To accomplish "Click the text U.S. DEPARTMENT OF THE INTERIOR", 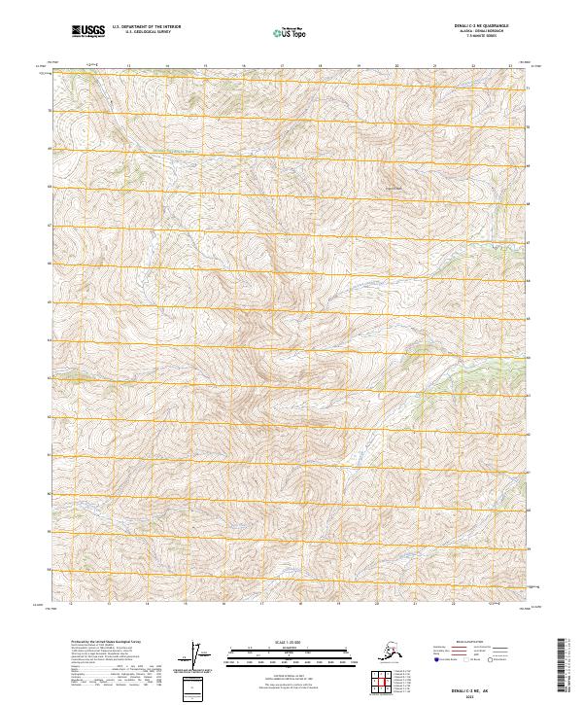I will [144, 28].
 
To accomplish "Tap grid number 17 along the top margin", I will [282, 66].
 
